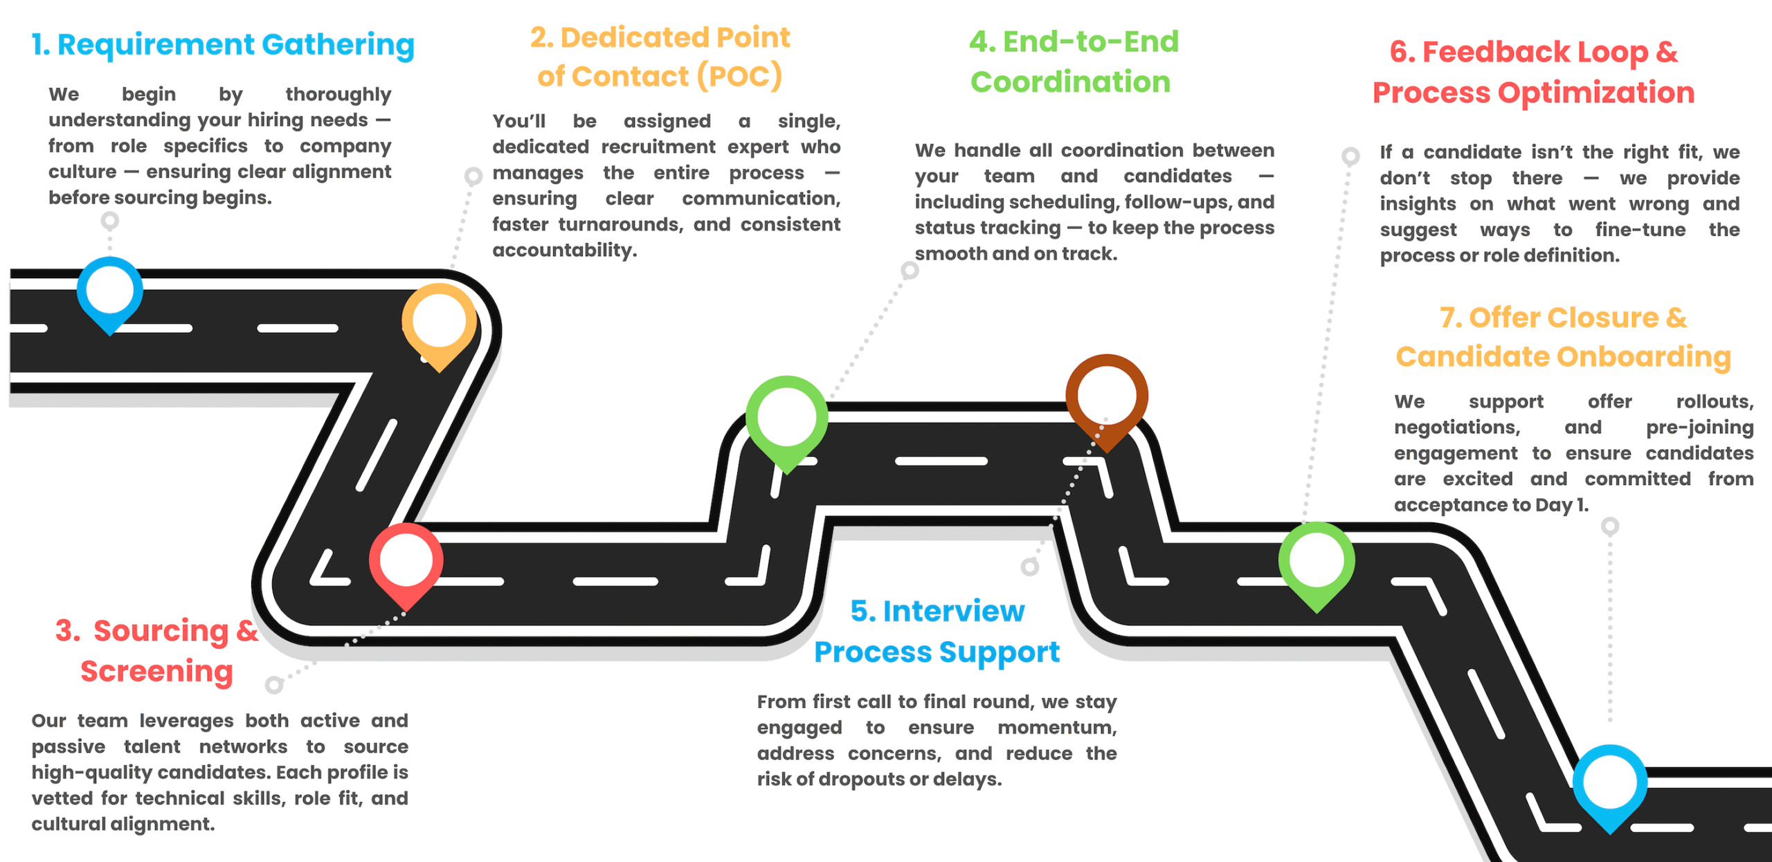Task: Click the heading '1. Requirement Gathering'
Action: [x=223, y=45]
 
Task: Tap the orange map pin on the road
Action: [x=440, y=322]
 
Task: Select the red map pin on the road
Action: [x=406, y=561]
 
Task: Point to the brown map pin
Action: [x=1107, y=396]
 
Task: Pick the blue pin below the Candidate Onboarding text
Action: [x=1610, y=782]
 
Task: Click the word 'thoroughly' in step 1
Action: [x=338, y=94]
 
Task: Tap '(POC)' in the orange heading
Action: [x=739, y=76]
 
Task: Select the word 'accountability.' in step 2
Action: [x=565, y=250]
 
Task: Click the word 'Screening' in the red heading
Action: [x=157, y=671]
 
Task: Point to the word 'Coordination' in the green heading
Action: [x=1070, y=82]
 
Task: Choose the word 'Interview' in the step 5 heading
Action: [x=954, y=612]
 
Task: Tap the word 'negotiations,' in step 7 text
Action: [x=1457, y=428]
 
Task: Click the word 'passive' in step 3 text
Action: [x=69, y=747]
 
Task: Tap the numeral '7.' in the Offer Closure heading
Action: [x=1452, y=318]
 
